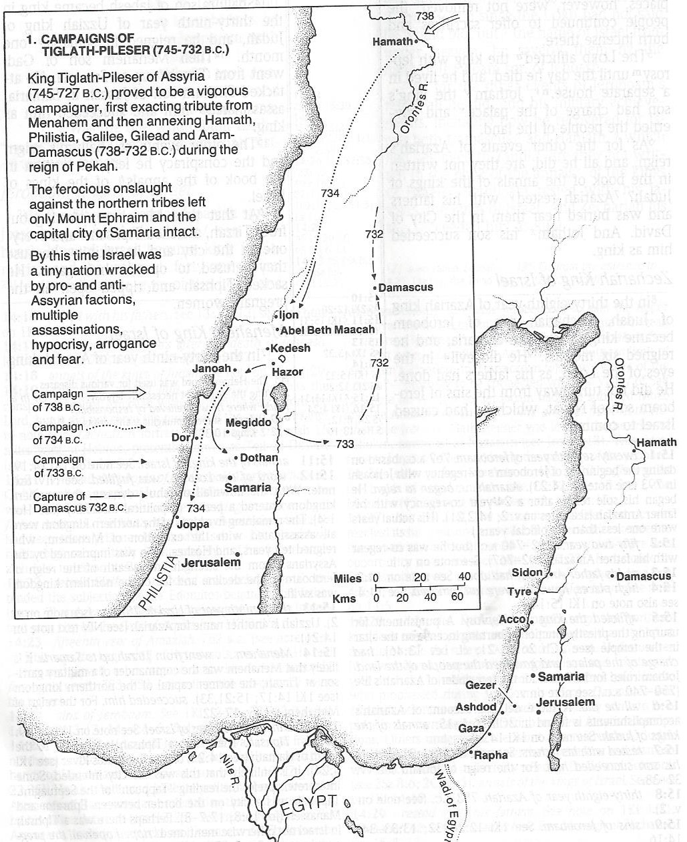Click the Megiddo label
coord(248,423)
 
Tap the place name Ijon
coord(289,315)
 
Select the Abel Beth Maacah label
coord(327,330)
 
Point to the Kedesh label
coord(292,348)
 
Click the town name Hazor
coord(288,372)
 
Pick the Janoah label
coord(211,369)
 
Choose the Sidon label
coord(527,572)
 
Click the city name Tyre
coord(519,592)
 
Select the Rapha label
coord(491,756)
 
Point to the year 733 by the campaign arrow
coord(345,444)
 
